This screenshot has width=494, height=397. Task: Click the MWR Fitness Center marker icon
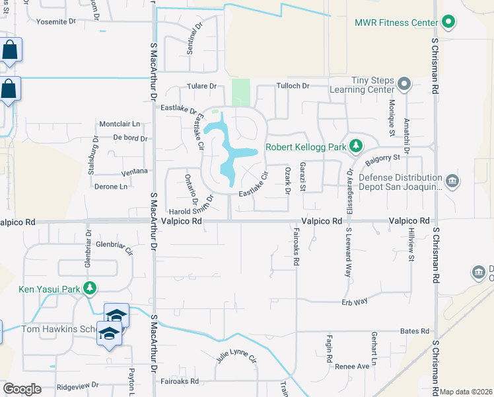click(x=449, y=22)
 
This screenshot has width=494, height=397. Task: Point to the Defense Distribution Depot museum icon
click(x=452, y=181)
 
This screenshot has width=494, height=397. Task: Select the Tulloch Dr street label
click(x=291, y=86)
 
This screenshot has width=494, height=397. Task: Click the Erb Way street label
click(x=354, y=301)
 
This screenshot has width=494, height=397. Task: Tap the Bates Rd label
click(x=415, y=331)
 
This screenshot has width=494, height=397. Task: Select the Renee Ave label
click(x=352, y=366)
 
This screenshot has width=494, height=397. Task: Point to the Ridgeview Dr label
click(x=77, y=384)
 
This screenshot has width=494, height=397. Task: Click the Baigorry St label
click(x=384, y=157)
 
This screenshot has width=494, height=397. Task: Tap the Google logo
click(x=22, y=389)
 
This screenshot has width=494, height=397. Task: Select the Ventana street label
click(x=134, y=171)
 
